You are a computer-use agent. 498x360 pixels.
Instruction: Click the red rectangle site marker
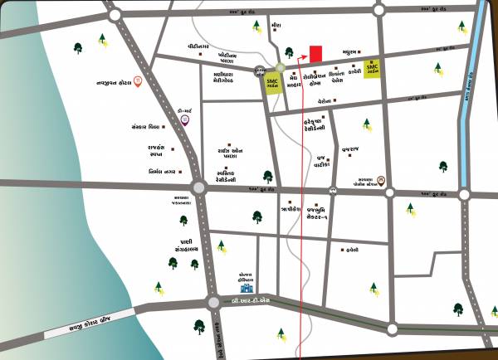click(315, 53)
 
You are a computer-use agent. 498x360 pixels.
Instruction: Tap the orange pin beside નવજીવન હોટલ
click(137, 80)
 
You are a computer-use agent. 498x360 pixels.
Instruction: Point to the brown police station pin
click(380, 181)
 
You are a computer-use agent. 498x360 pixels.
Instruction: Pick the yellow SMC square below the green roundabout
click(272, 82)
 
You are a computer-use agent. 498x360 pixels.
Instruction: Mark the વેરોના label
click(325, 100)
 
